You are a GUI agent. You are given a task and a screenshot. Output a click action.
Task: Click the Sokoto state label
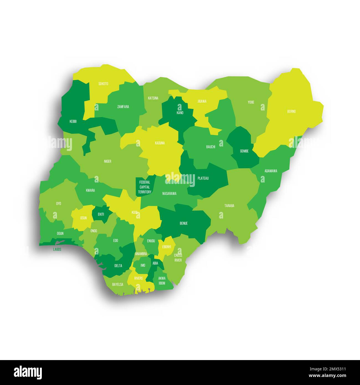tap(103, 84)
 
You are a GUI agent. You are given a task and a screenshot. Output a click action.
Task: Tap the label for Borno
tap(291, 112)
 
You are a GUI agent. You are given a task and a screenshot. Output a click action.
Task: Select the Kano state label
tap(180, 113)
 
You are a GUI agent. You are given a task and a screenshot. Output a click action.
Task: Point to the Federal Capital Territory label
tap(145, 187)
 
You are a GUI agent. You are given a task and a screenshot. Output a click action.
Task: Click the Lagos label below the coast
tap(57, 249)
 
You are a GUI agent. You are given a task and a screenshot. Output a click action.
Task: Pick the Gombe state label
tap(244, 151)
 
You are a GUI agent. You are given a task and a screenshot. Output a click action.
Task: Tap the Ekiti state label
tap(101, 214)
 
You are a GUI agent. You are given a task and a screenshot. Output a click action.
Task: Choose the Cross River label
tap(178, 258)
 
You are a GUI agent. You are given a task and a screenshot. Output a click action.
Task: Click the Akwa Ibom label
tap(162, 281)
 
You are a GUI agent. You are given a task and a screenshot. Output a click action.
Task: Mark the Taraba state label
tap(229, 206)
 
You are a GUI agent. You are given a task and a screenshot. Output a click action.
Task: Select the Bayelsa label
tap(118, 284)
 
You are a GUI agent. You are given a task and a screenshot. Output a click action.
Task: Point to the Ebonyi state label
tap(166, 247)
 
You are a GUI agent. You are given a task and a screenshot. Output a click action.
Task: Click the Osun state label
tap(83, 218)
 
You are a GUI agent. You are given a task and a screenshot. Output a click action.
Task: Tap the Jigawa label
tap(202, 101)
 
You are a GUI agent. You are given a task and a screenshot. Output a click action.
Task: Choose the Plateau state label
tap(203, 178)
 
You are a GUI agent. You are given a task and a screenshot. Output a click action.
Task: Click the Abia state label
tap(155, 263)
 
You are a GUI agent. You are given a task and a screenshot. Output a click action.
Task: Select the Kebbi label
tap(73, 121)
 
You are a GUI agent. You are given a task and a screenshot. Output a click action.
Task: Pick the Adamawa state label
tap(271, 171)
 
